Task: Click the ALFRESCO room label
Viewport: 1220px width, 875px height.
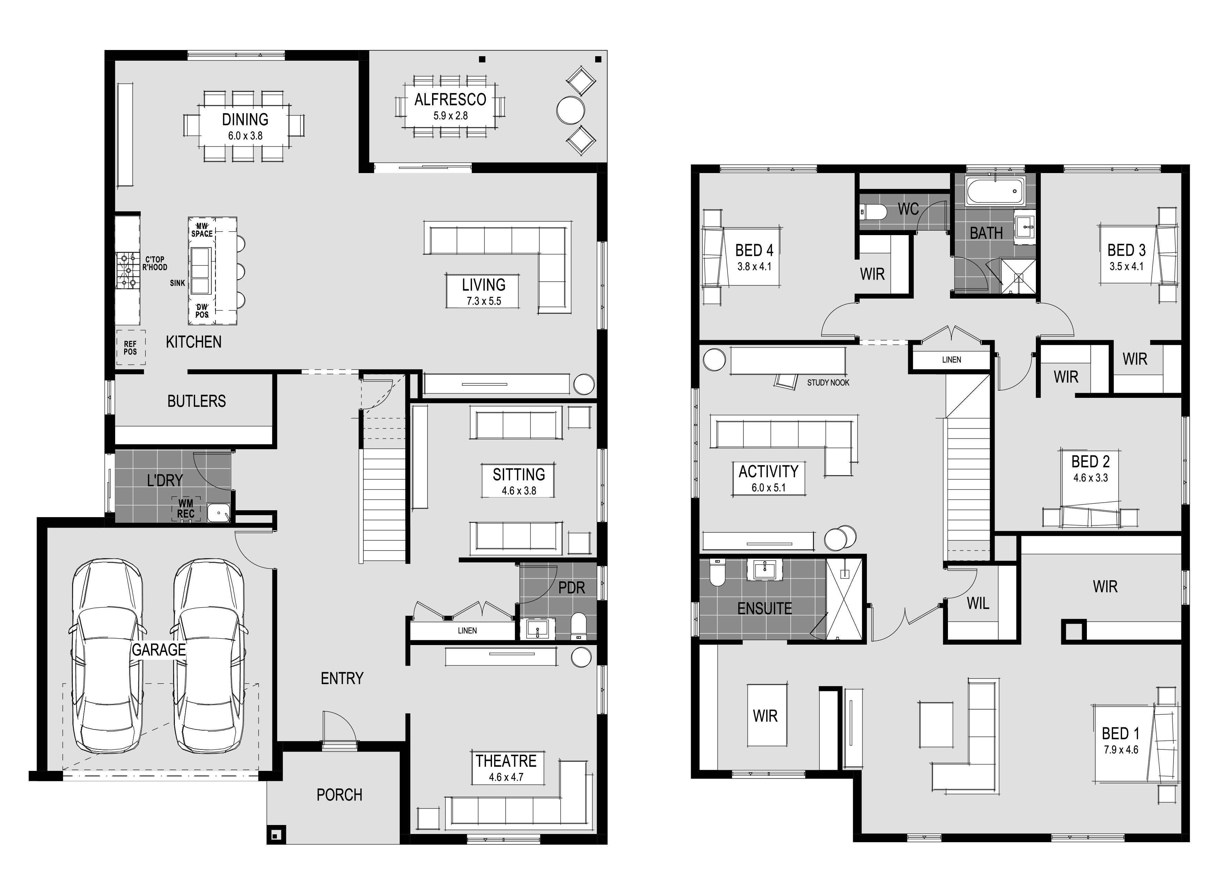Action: [450, 100]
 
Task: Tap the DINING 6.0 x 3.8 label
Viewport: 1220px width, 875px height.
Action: [245, 127]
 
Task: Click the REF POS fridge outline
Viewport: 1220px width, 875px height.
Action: [131, 348]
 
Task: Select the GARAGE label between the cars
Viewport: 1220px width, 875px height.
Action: [159, 650]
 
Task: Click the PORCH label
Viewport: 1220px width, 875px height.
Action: [339, 795]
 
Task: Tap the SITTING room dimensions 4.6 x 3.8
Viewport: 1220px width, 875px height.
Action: [519, 491]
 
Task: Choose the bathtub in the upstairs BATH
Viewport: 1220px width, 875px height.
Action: [995, 190]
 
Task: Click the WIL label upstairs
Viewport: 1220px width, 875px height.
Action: [978, 603]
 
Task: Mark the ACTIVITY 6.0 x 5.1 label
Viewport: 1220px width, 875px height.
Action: [768, 478]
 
